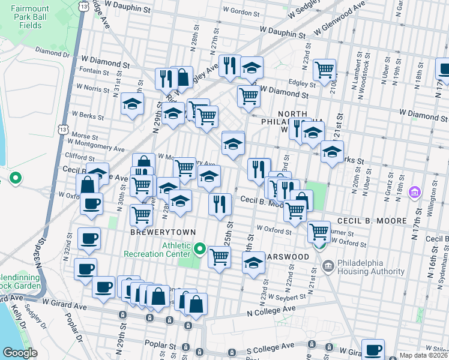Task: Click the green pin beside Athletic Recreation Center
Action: coord(201,248)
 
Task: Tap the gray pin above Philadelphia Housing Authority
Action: coord(328,265)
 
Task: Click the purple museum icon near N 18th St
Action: coord(414,193)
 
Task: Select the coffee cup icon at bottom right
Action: coord(372,349)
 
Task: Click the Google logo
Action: coord(20,353)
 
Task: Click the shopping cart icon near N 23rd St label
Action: coord(324,69)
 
